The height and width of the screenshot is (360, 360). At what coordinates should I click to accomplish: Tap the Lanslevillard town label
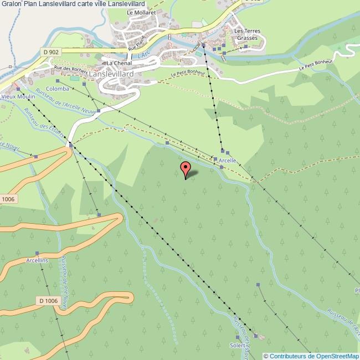119,72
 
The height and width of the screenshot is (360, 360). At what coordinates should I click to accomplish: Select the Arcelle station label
228,161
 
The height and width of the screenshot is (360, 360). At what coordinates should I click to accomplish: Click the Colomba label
58,89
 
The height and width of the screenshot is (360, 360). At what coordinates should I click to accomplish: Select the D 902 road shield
50,52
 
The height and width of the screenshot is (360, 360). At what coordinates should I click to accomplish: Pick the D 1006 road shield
48,300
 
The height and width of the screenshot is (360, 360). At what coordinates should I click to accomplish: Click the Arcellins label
37,260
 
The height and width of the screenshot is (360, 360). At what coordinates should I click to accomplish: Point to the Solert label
238,345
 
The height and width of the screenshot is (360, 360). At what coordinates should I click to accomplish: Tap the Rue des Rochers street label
71,70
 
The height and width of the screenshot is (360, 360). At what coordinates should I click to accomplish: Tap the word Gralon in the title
12,4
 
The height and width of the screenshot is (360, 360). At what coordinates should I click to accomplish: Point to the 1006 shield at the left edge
7,199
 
